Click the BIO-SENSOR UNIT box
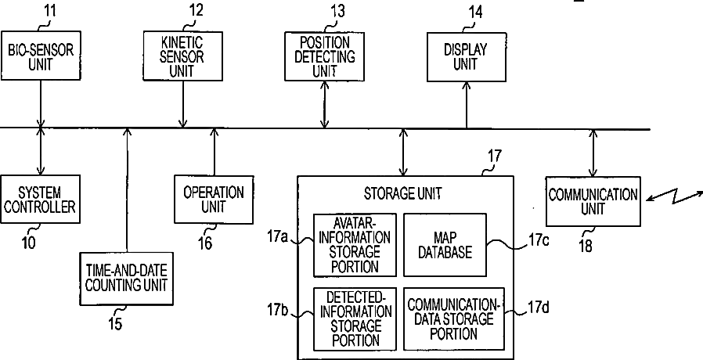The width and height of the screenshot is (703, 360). (41, 56)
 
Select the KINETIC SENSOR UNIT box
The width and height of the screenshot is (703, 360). (183, 56)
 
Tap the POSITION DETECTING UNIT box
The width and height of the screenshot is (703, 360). (325, 56)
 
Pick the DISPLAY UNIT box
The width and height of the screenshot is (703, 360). (467, 57)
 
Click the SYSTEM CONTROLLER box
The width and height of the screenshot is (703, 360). (41, 199)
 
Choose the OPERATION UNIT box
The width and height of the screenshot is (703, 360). (214, 200)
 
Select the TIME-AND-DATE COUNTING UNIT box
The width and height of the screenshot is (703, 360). (127, 279)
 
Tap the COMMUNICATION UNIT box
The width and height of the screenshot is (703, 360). (593, 201)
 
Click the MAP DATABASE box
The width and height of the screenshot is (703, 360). (445, 245)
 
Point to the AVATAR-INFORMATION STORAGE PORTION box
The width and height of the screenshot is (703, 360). (355, 245)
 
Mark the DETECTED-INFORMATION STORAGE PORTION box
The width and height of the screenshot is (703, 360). (355, 319)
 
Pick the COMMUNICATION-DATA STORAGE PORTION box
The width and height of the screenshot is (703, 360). (454, 319)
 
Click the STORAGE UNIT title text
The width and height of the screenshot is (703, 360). (402, 193)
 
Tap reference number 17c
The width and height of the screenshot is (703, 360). (539, 240)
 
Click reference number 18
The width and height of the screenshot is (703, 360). (586, 246)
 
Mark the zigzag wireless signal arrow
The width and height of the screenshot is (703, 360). (674, 197)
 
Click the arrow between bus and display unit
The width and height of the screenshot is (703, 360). (467, 106)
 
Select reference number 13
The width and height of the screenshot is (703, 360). (337, 11)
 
